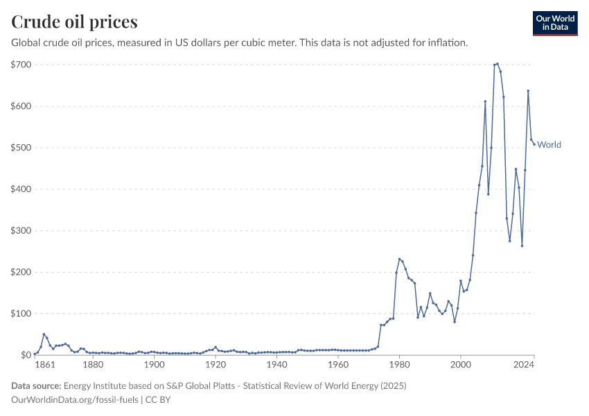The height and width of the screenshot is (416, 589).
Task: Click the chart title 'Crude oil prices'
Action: click(74, 21)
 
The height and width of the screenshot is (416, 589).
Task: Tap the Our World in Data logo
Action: click(554, 23)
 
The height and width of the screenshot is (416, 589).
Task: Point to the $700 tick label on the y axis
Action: click(20, 64)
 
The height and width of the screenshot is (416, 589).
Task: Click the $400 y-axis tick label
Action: click(20, 189)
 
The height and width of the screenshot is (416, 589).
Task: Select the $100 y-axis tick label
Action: click(20, 313)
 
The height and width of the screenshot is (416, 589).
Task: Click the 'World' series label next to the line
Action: click(550, 145)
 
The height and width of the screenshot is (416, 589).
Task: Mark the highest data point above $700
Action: click(497, 64)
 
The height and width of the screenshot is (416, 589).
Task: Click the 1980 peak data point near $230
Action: click(399, 259)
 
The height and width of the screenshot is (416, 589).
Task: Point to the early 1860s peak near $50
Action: click(44, 334)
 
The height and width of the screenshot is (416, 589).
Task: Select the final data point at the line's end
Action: click(534, 144)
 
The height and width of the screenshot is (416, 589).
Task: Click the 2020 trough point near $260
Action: click(522, 245)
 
